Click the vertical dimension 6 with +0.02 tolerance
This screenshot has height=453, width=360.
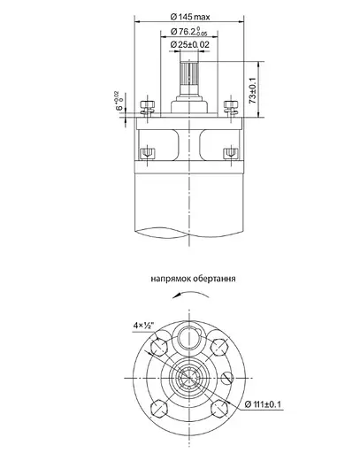pyautogui.click(x=118, y=105)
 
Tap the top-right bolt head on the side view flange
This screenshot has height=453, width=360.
pyautogui.click(x=232, y=109)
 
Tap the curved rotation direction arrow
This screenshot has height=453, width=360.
pyautogui.click(x=188, y=300)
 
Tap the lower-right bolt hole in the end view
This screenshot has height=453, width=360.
pyautogui.click(x=218, y=408)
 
